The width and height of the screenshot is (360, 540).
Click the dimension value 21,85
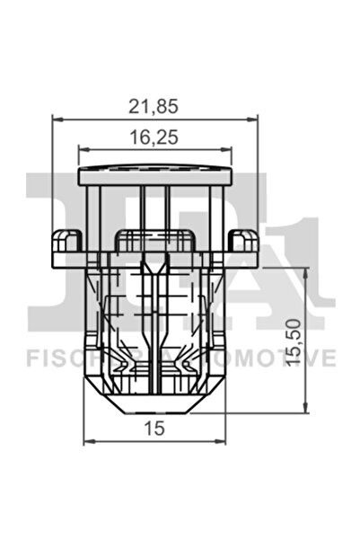154,105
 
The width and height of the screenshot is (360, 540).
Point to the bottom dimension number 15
154,429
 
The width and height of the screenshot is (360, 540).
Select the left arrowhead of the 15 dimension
89,441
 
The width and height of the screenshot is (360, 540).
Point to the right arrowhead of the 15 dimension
221,441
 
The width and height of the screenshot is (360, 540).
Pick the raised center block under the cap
154,240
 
